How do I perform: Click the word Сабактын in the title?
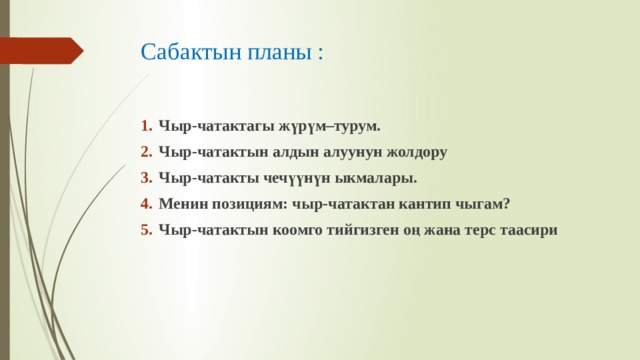[x=191, y=52]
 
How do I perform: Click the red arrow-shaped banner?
[x=42, y=51]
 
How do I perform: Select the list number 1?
[x=147, y=126]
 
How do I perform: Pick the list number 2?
[x=147, y=152]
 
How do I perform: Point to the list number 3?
[x=147, y=178]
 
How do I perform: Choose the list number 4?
[x=147, y=203]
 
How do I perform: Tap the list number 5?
[x=147, y=229]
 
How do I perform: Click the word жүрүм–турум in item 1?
[x=329, y=127]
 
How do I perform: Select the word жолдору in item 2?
[x=417, y=153]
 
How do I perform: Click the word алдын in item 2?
[x=296, y=152]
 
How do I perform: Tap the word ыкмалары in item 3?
[x=376, y=178]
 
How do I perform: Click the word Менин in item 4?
[x=183, y=204]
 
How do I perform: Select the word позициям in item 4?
[x=250, y=204]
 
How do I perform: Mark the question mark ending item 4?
[x=507, y=203]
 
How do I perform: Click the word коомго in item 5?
[x=297, y=230]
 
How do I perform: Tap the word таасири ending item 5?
[x=529, y=230]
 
